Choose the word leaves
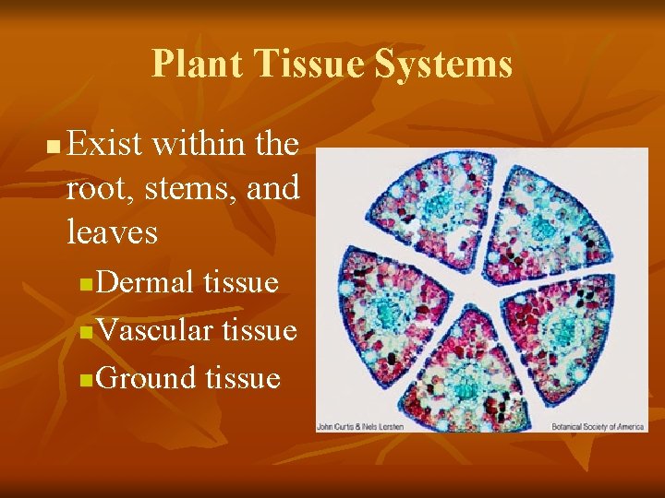[113, 232]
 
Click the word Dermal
[144, 281]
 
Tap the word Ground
[147, 377]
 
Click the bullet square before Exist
[52, 146]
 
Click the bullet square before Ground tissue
[85, 379]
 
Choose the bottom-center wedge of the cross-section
[471, 373]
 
